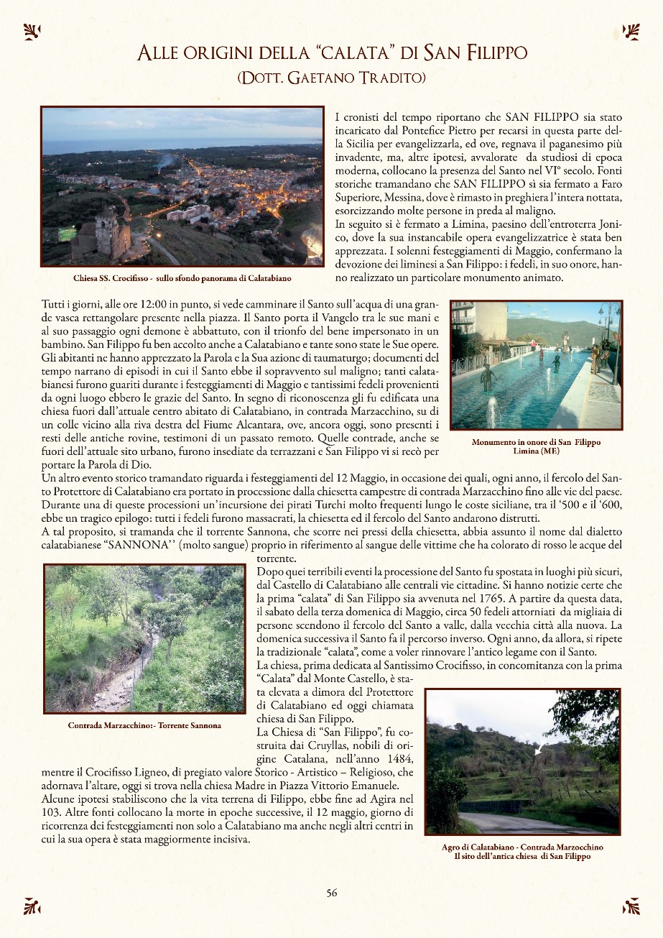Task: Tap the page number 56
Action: [x=331, y=893]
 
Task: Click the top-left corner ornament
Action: [x=32, y=31]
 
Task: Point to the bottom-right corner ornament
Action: [x=631, y=906]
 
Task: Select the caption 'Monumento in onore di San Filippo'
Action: [x=536, y=442]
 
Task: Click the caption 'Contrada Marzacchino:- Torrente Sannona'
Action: [x=144, y=725]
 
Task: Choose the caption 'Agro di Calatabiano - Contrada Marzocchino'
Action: [x=522, y=847]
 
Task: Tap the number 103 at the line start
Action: [x=50, y=812]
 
